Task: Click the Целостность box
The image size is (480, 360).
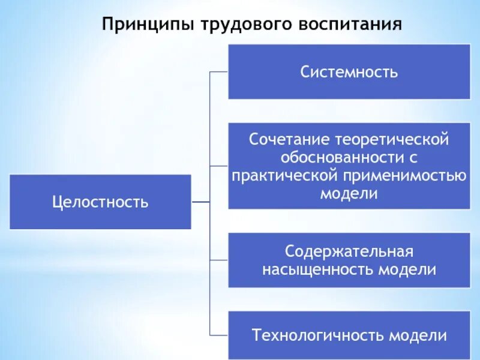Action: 100,202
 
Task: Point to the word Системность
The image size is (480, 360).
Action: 349,72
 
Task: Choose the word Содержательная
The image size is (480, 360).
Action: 349,251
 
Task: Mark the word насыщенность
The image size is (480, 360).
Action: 318,269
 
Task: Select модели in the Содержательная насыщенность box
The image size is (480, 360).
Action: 407,269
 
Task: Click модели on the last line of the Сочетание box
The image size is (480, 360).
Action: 349,194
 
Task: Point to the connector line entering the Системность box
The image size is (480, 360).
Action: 219,71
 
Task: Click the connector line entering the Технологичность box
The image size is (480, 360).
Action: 219,334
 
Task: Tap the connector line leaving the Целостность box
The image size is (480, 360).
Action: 200,202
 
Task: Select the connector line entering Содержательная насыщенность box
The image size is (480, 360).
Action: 219,260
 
